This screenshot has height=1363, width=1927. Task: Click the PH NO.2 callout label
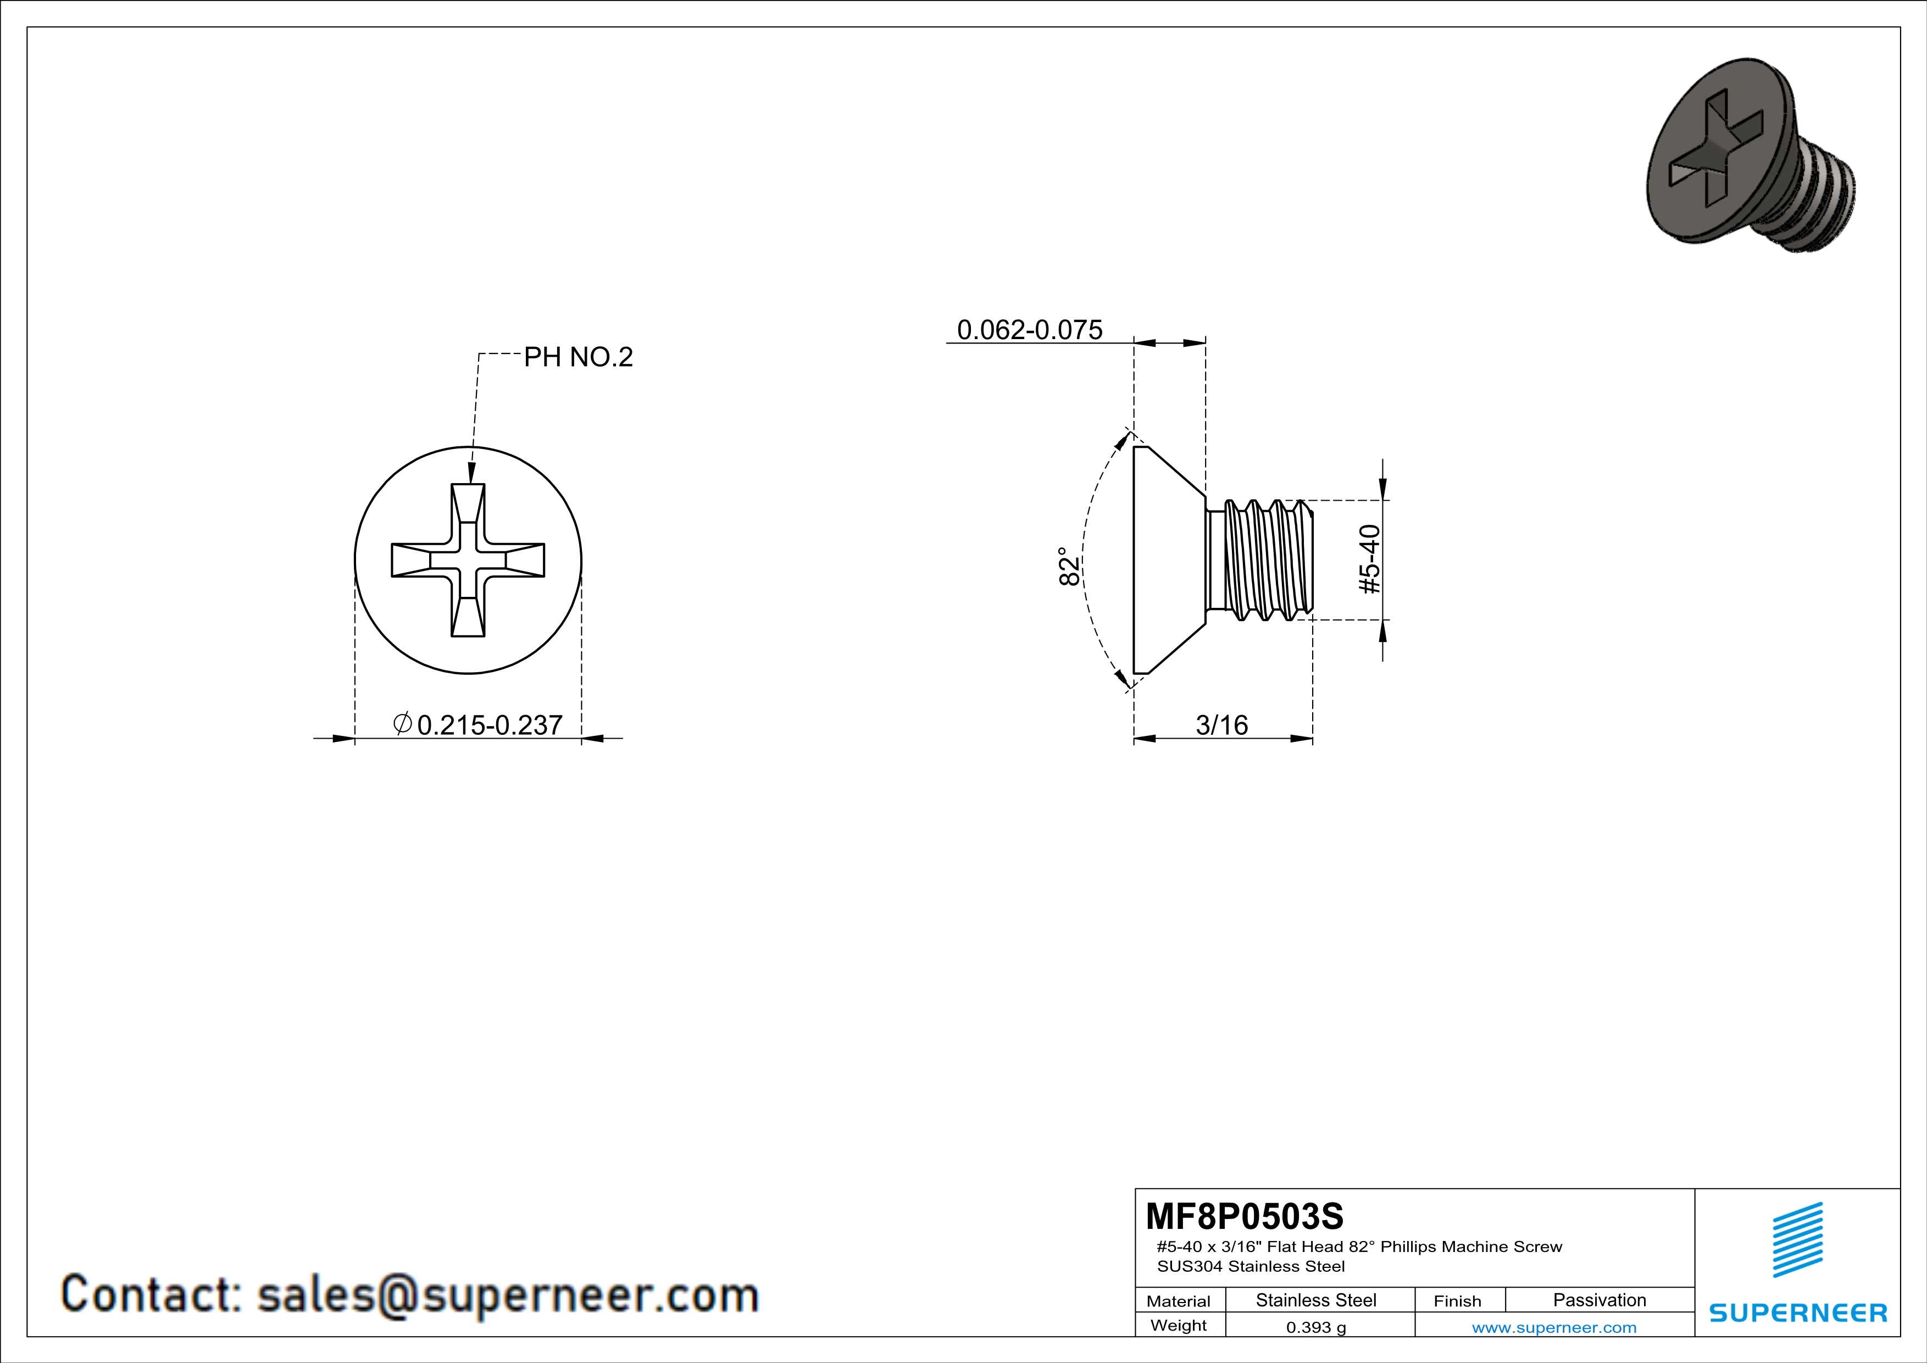tap(578, 358)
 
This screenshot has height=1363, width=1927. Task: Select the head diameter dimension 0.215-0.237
tap(479, 724)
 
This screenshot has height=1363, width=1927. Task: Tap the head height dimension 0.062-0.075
tap(1030, 330)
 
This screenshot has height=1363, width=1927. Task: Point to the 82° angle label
tap(1068, 567)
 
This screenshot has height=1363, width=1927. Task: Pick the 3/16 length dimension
tap(1222, 724)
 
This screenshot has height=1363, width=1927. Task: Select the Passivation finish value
tap(1600, 1300)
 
